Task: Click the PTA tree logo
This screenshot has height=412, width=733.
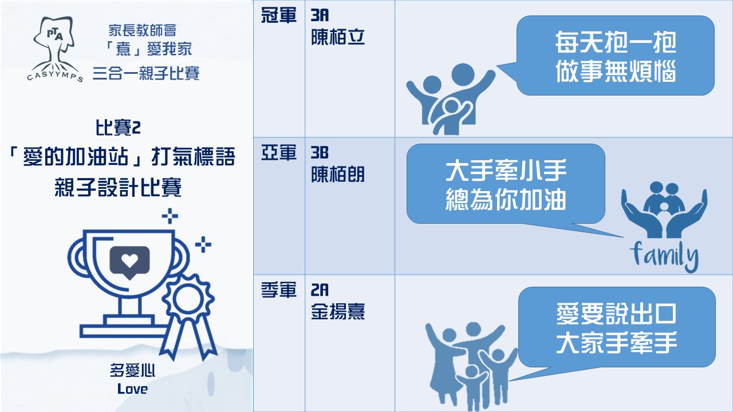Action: tap(55, 49)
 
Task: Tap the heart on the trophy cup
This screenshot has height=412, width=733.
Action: tap(129, 260)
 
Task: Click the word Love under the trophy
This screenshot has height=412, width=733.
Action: tap(132, 389)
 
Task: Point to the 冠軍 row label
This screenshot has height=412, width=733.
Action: tap(279, 15)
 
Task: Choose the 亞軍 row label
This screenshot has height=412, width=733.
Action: tap(279, 153)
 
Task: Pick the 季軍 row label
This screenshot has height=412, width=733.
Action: tap(279, 290)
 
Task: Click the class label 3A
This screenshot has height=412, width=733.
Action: tap(320, 15)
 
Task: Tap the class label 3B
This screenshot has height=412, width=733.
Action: tap(320, 153)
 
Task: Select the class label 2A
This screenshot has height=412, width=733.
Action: tap(320, 290)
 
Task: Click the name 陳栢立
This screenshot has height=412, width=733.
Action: tap(338, 37)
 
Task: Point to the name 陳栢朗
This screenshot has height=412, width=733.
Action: tap(338, 175)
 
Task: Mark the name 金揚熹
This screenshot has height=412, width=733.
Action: tap(338, 311)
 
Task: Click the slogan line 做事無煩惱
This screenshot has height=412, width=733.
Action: tap(616, 71)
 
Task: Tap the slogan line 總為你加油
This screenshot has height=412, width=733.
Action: tap(506, 199)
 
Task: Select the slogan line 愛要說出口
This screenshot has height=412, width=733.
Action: tap(617, 314)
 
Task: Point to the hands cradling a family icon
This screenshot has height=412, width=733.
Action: tap(664, 210)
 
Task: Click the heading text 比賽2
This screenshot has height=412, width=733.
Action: tap(118, 128)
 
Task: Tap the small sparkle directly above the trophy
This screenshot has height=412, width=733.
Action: tap(170, 216)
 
